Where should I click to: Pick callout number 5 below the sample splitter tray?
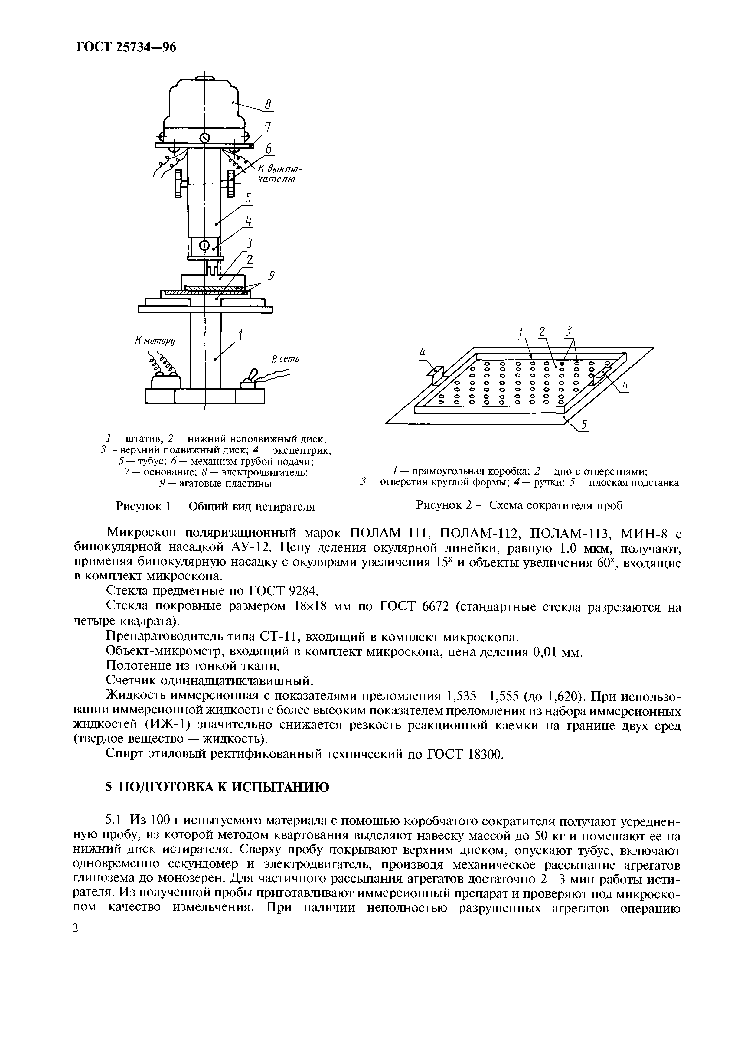(585, 424)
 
